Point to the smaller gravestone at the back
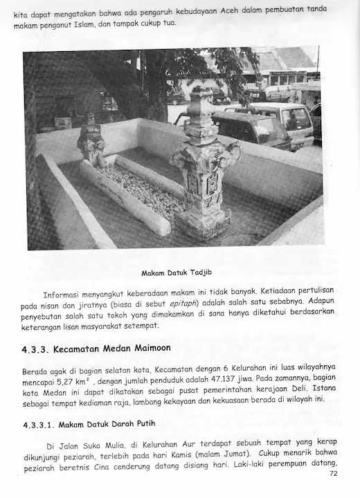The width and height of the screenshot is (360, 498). pyautogui.click(x=91, y=142)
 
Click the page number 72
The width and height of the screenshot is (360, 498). pyautogui.click(x=334, y=474)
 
